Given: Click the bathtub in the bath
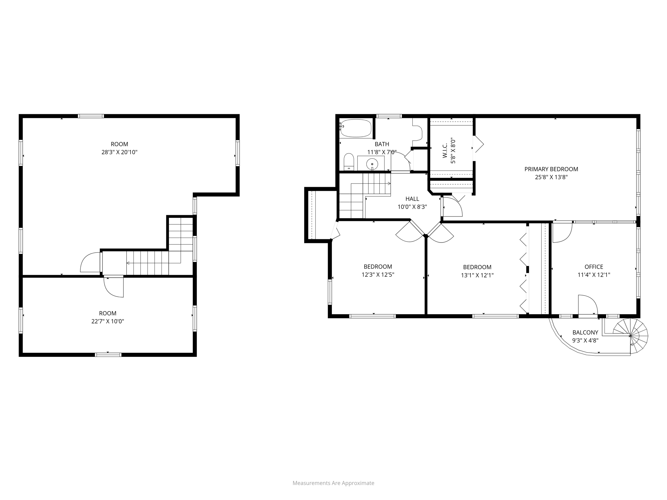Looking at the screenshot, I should pos(356,128).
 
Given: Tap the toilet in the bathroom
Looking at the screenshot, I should pos(349,162).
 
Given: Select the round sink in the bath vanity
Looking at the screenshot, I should pos(372,163).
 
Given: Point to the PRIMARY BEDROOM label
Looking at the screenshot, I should pos(551,169).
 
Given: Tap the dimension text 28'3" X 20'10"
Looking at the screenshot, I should pos(120,152).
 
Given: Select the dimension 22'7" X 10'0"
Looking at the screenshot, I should pos(108,321).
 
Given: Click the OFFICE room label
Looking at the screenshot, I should pos(594,267).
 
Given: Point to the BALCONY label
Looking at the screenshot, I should pos(585,332).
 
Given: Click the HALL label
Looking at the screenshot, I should pos(412,199).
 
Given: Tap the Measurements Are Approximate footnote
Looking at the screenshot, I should pos(333,483).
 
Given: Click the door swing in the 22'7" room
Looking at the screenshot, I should pos(114,286).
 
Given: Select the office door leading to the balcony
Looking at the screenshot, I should pos(587,306).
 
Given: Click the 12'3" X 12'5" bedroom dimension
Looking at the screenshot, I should pos(378,275).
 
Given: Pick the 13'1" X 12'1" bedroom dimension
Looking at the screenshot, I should pos(477,275).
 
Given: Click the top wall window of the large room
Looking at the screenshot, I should pos(91,116).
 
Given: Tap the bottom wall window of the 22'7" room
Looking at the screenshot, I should pos(108,354).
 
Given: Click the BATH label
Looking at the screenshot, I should pos(382,144).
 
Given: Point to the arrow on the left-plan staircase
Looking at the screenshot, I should pos(128,263).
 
